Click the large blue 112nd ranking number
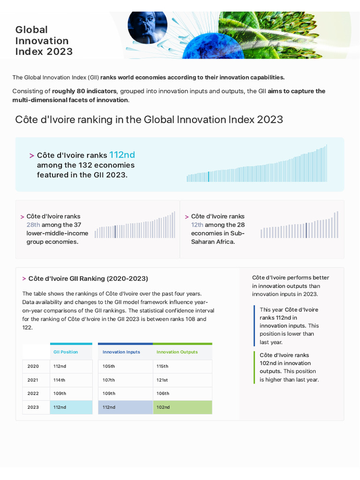pos(122,155)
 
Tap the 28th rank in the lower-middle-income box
pos(33,225)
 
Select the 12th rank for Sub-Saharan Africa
pos(197,225)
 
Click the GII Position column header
pos(66,352)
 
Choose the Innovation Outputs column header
pos(177,352)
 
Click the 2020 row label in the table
pos(33,366)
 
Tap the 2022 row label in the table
pos(33,393)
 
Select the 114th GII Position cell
pos(60,380)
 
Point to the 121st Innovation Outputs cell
pos(162,380)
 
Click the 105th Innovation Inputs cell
pos(109,366)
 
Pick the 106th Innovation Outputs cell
pos(163,393)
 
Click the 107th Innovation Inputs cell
pos(109,380)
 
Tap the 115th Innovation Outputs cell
pos(162,366)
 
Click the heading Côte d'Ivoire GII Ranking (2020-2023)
pos(88,278)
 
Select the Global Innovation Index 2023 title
pos(44,40)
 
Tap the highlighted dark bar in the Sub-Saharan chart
pos(306,230)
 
